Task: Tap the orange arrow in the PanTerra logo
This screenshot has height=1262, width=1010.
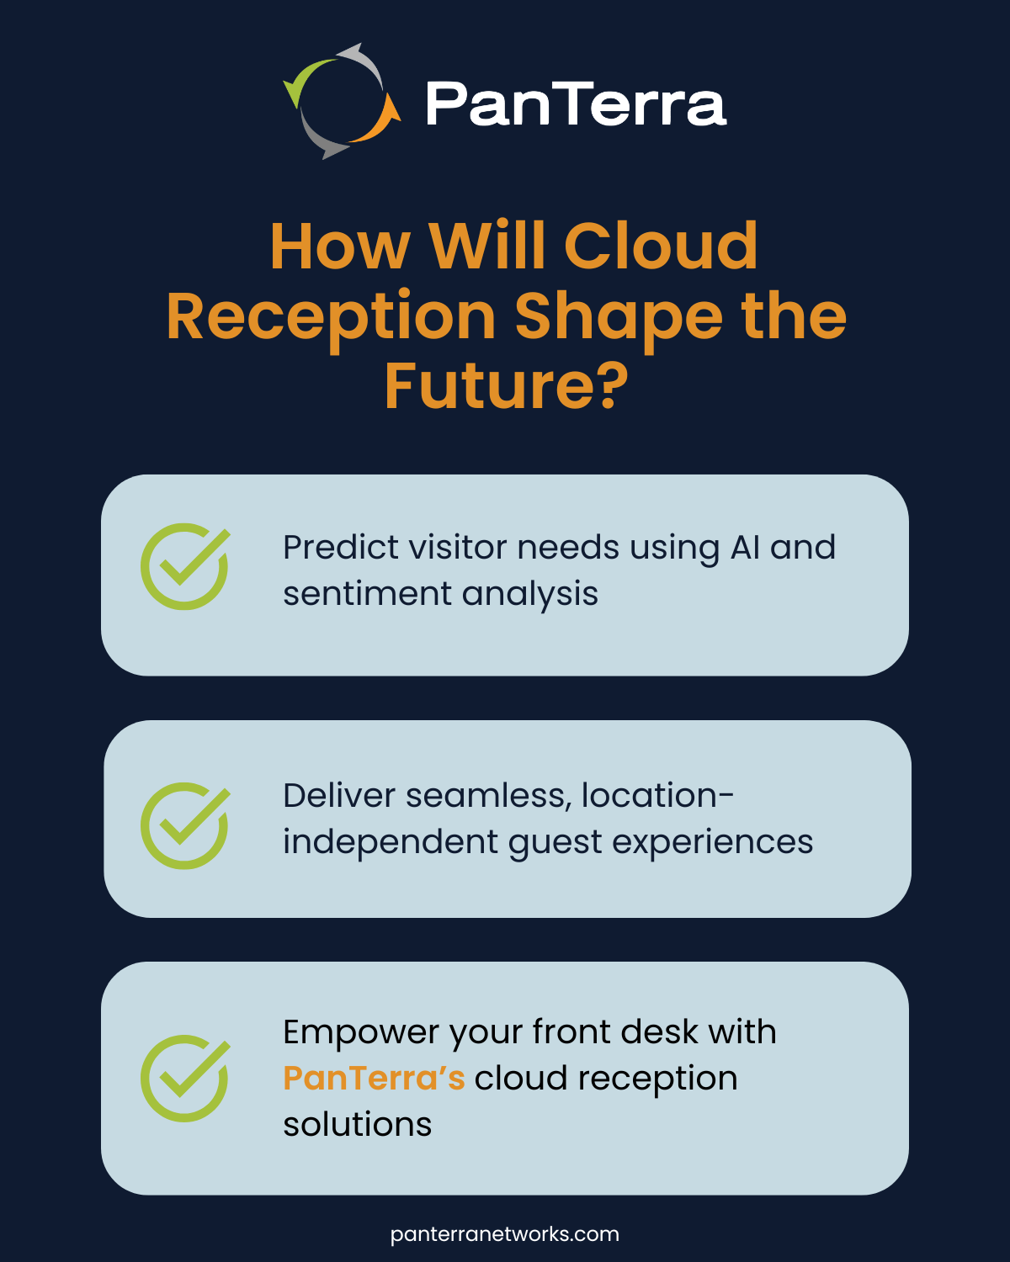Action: coord(379,122)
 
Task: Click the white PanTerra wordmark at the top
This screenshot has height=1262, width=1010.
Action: coord(576,104)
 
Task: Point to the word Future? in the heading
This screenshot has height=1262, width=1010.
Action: coord(506,386)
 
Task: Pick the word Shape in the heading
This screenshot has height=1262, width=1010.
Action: coord(619,317)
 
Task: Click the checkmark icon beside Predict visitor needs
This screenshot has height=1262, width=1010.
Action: coord(185,566)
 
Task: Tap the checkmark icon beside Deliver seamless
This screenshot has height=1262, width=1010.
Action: coord(185,825)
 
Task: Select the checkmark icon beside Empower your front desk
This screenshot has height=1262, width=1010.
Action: coord(185,1078)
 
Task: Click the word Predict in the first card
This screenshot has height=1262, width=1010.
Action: coord(339,548)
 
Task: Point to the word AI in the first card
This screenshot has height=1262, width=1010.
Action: coord(745,548)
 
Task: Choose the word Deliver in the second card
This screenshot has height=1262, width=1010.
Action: coord(339,796)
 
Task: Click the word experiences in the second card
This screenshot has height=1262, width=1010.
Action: coord(712,842)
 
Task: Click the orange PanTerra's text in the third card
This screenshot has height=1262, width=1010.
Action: coord(374,1079)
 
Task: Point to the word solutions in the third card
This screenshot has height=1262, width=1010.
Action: coord(357,1125)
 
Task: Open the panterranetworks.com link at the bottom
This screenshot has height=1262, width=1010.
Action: coord(505,1234)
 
